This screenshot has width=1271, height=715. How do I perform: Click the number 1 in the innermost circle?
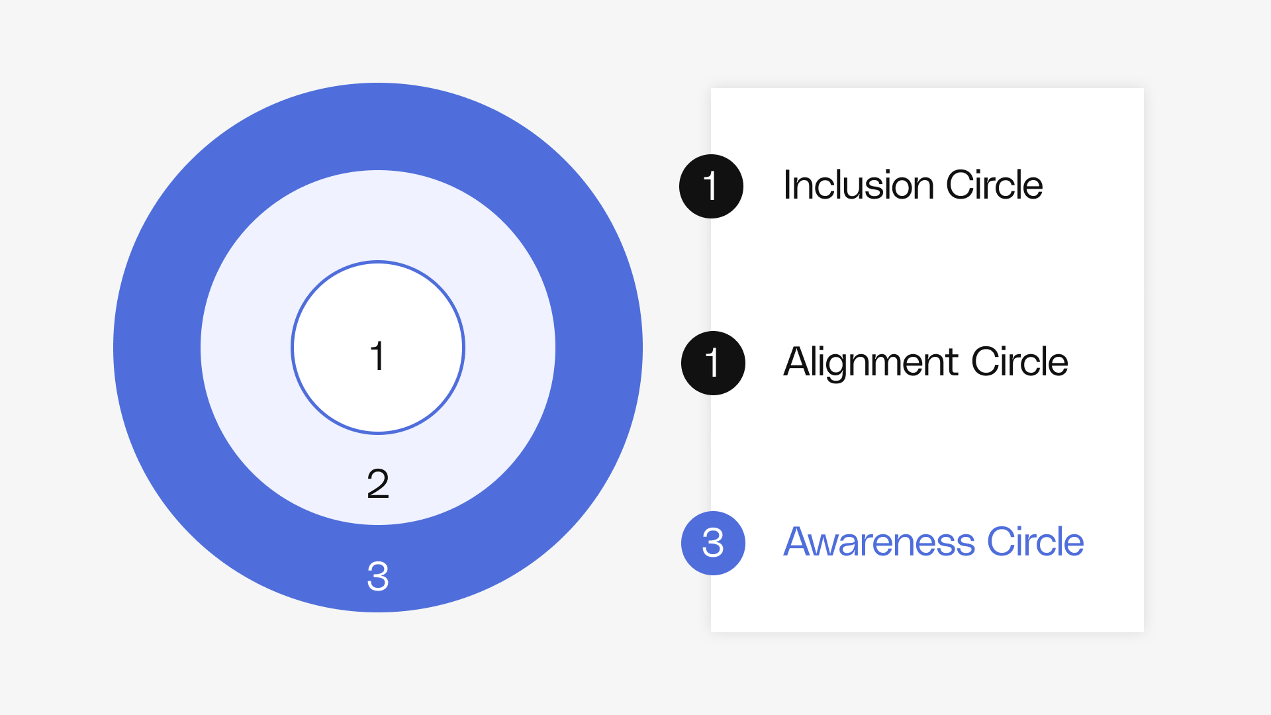click(x=377, y=356)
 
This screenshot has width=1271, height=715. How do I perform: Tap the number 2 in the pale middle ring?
click(x=378, y=483)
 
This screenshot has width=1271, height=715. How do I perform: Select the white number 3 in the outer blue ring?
click(x=378, y=575)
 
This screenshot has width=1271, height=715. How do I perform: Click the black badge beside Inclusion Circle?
click(x=711, y=186)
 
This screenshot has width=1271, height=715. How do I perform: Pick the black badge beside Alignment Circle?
click(x=713, y=363)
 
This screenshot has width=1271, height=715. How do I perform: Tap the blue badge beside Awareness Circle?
click(x=713, y=543)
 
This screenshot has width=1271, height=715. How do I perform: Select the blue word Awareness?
click(x=879, y=542)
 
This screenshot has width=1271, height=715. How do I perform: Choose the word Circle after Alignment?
click(x=1019, y=362)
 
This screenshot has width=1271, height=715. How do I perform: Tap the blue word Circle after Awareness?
click(x=1035, y=542)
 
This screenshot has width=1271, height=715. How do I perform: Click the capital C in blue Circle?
click(x=1002, y=542)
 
